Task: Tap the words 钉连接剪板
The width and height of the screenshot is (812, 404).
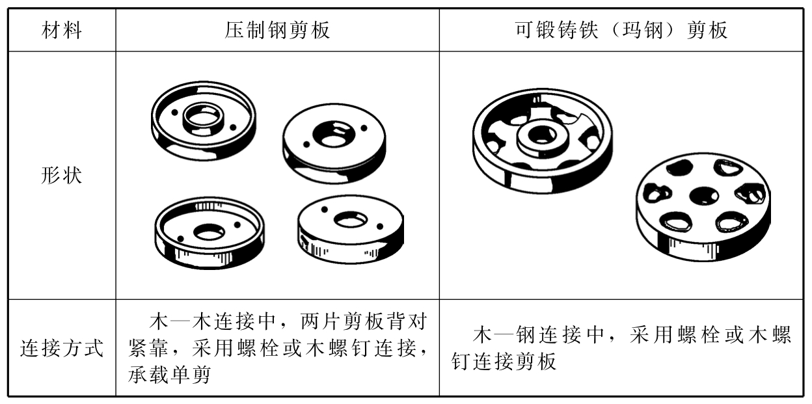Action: click(x=504, y=362)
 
